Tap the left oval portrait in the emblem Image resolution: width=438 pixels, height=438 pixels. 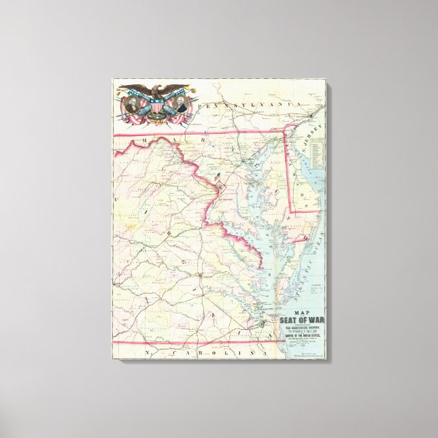(x=135, y=105)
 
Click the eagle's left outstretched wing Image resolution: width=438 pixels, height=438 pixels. (x=135, y=89)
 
